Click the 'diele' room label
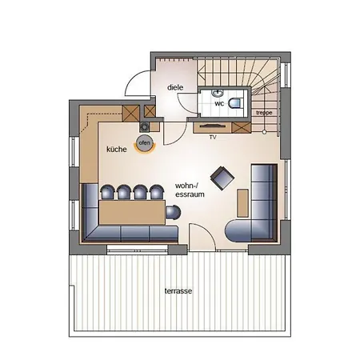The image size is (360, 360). click(175, 87)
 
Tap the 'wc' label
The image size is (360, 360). click(219, 103)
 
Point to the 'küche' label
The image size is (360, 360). click(117, 149)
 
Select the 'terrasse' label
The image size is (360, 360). click(178, 290)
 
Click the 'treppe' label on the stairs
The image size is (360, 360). click(264, 113)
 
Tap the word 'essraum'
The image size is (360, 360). click(190, 194)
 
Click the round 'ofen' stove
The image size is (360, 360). click(145, 143)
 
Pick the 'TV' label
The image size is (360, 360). click(213, 138)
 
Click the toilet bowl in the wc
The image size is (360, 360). click(236, 103)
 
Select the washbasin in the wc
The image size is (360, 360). click(218, 94)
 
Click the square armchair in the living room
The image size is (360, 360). click(222, 178)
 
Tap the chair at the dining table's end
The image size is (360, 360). click(173, 213)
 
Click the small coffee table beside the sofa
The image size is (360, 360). click(242, 203)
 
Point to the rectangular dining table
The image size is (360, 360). click(132, 213)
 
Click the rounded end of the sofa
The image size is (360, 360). click(238, 230)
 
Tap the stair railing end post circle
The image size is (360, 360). click(264, 132)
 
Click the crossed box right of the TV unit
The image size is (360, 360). click(242, 127)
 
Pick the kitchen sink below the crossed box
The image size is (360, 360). click(144, 127)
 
